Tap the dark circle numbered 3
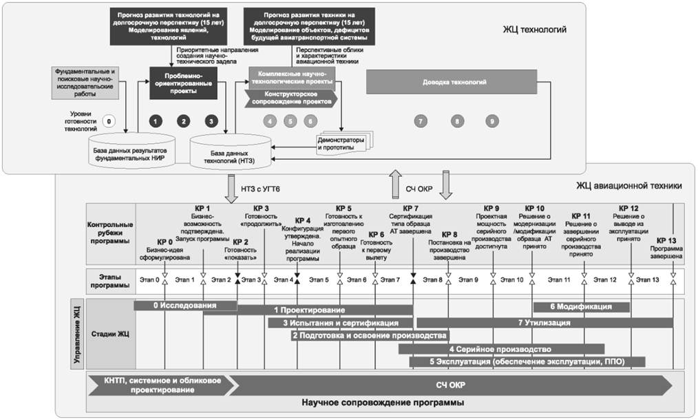pyautogui.click(x=211, y=121)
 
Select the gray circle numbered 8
pyautogui.click(x=456, y=121)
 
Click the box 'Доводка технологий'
pyautogui.click(x=454, y=83)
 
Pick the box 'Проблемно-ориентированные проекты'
pyautogui.click(x=182, y=83)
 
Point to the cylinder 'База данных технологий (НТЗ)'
pyautogui.click(x=231, y=153)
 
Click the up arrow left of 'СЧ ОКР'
pyautogui.click(x=394, y=184)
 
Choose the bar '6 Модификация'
pyautogui.click(x=581, y=306)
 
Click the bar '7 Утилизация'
pyautogui.click(x=544, y=322)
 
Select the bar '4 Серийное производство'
pyautogui.click(x=501, y=348)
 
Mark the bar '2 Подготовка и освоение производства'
pyautogui.click(x=365, y=336)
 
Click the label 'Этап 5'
pyautogui.click(x=318, y=280)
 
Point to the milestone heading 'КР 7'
pyautogui.click(x=411, y=208)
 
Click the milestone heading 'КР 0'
pyautogui.click(x=165, y=242)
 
